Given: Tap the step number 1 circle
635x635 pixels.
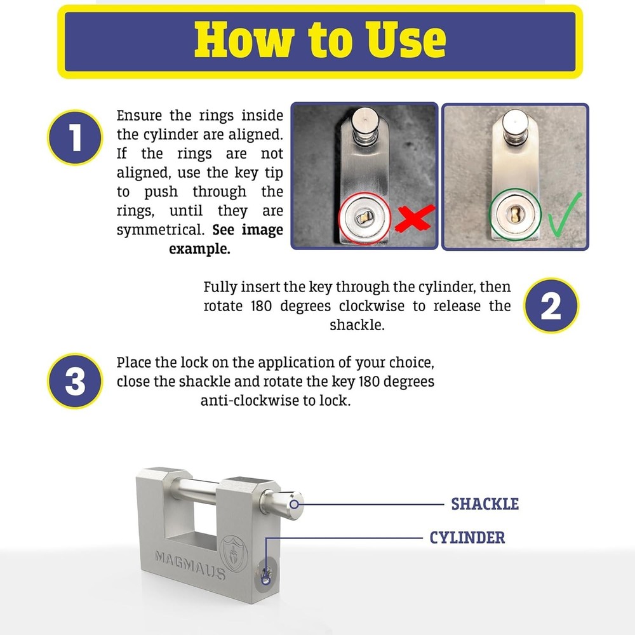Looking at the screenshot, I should tap(75, 138).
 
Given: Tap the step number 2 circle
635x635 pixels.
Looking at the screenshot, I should tap(551, 306).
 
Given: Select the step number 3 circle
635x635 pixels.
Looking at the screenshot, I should tap(75, 382).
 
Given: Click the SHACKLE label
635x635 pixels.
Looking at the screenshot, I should tap(485, 504).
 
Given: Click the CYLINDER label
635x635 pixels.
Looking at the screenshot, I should tap(467, 538).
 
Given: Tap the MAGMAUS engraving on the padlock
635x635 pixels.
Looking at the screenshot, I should tap(190, 564).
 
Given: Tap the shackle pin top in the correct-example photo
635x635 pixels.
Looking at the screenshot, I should tap(515, 119).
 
